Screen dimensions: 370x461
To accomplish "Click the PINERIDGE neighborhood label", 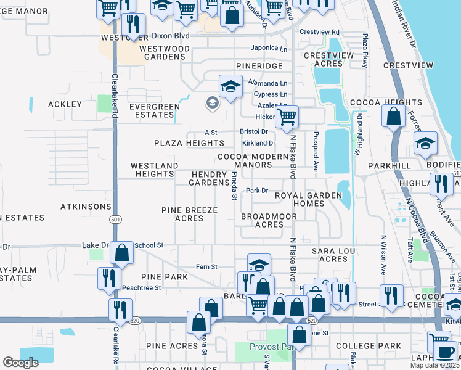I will (259, 65).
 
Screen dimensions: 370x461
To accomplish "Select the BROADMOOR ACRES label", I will (269, 220).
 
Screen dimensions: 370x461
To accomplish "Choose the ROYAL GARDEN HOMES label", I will (308, 200).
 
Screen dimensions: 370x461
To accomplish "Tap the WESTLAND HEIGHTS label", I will (155, 170).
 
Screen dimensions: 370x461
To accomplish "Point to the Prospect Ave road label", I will (315, 152).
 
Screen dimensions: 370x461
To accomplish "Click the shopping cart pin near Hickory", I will (287, 117).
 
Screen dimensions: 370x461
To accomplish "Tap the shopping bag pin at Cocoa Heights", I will (393, 116).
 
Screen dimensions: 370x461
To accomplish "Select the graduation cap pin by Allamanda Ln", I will (230, 86).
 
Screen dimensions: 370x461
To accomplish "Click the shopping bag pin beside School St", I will (122, 252).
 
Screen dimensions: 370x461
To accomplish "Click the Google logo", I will (21, 363).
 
